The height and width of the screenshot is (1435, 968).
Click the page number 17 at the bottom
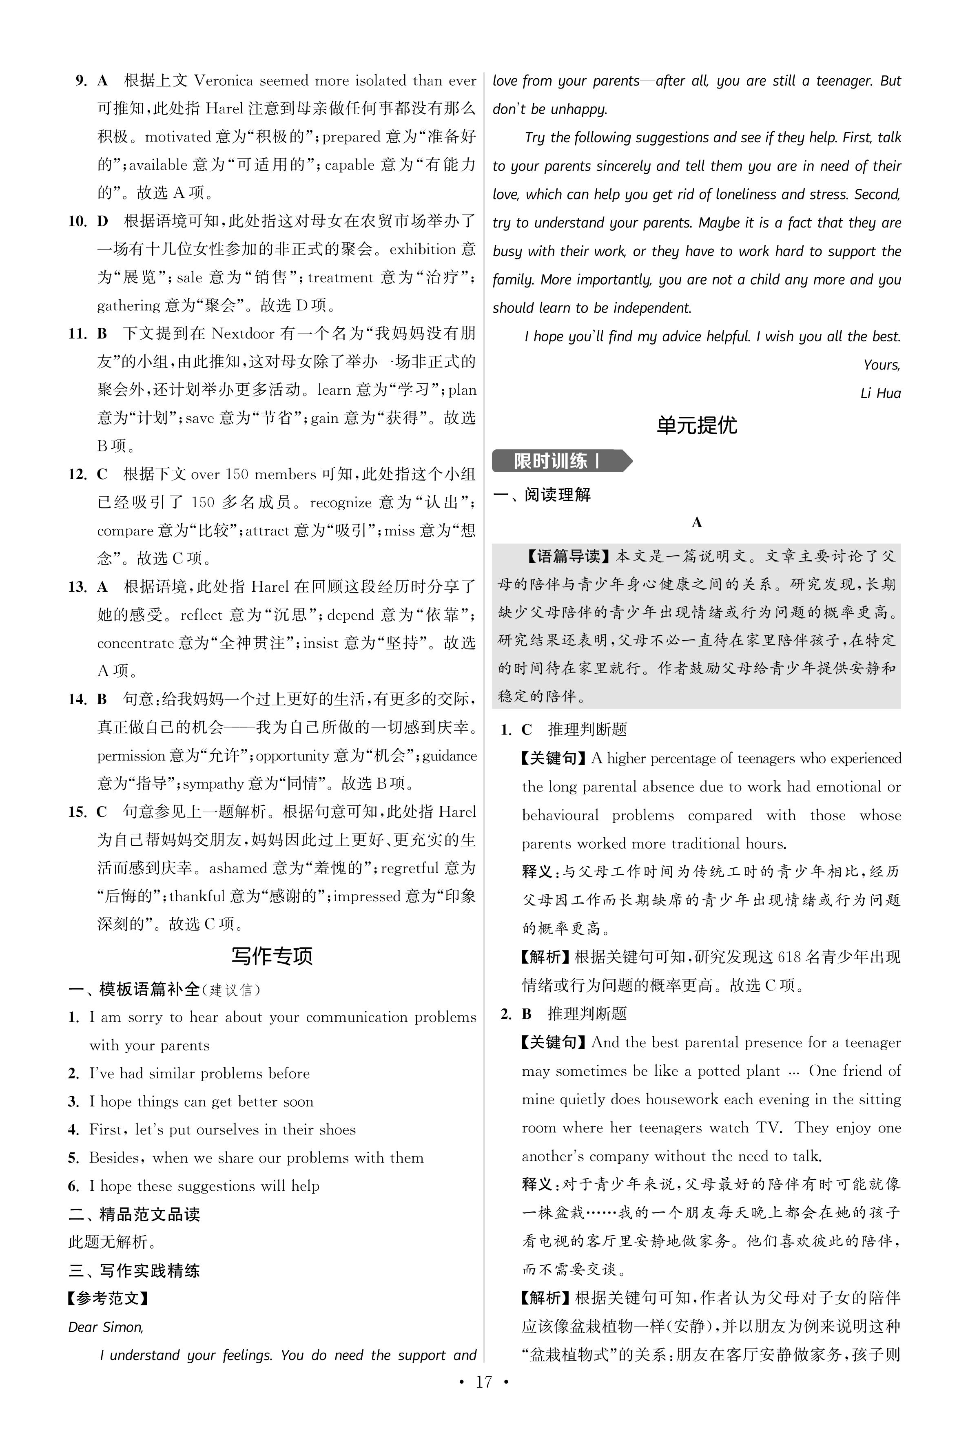483,1399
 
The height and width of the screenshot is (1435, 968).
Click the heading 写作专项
272,956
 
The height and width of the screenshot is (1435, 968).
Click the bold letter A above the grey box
697,523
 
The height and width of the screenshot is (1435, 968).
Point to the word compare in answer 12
125,531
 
